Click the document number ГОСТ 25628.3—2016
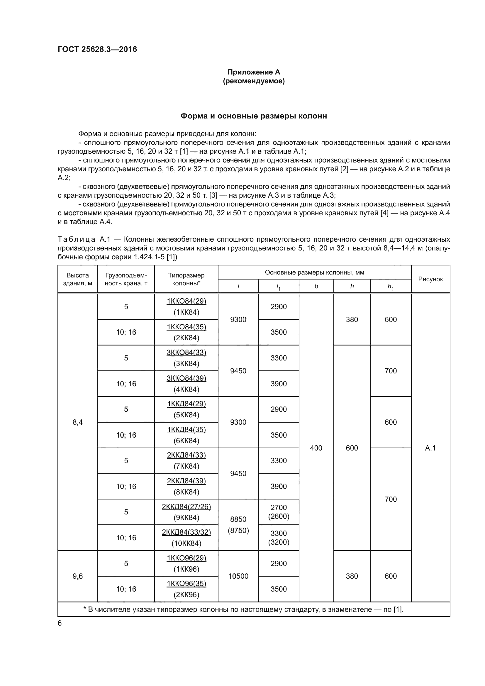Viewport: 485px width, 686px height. [x=97, y=49]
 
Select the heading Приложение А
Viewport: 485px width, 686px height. [x=254, y=72]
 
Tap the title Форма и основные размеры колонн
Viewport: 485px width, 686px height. [x=254, y=116]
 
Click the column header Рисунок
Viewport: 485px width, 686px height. [x=430, y=279]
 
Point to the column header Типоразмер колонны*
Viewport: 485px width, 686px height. [x=186, y=279]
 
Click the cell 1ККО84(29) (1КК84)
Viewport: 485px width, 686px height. [x=186, y=306]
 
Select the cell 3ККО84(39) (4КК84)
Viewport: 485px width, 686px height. [x=186, y=384]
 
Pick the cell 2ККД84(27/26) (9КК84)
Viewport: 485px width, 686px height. [x=186, y=512]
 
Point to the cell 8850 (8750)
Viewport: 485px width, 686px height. [x=238, y=525]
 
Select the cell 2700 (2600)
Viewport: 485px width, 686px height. [x=278, y=512]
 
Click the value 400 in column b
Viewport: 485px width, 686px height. [x=316, y=448]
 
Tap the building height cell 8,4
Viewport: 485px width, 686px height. [x=78, y=422]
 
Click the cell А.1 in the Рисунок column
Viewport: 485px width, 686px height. [x=430, y=448]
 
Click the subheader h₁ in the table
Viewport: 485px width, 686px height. [x=390, y=287]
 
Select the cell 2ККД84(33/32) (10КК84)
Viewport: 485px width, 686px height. [x=186, y=538]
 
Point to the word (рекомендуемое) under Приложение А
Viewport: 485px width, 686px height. [x=254, y=81]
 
